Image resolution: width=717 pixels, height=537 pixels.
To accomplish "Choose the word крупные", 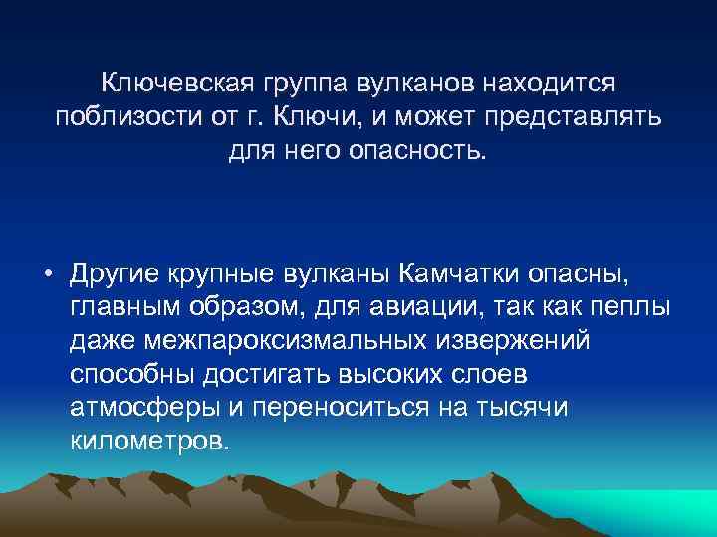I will [231, 272].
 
